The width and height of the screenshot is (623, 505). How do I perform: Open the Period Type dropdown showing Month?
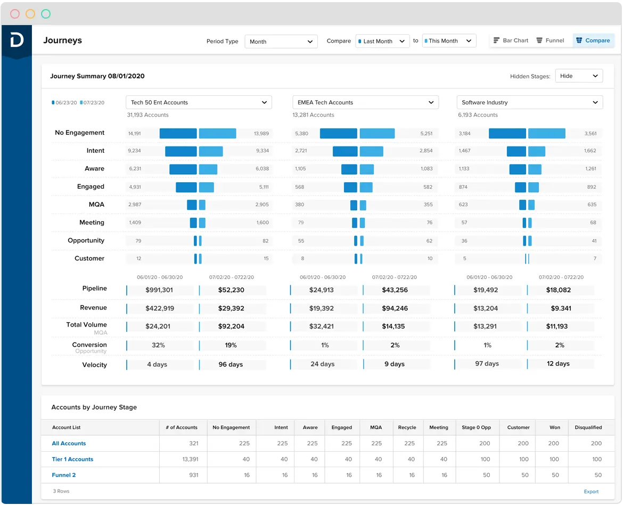(281, 42)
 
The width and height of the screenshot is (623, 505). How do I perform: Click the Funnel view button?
(550, 40)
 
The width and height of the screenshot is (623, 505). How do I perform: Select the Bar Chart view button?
(511, 40)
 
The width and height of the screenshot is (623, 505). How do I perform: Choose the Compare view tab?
(593, 40)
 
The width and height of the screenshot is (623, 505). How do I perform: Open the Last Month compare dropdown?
(382, 41)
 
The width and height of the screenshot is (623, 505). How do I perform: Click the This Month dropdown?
(448, 41)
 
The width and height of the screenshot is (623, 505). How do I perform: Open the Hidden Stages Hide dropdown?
(578, 76)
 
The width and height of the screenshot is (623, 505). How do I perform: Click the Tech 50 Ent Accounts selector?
(199, 102)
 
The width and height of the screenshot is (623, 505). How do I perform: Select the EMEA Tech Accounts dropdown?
(365, 102)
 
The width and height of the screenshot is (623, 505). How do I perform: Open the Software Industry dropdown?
(529, 102)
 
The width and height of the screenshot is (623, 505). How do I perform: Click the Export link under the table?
(591, 492)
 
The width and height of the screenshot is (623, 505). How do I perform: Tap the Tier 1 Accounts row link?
(72, 459)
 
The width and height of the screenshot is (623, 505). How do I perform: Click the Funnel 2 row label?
(64, 475)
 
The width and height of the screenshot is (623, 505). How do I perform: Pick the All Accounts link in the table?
(69, 443)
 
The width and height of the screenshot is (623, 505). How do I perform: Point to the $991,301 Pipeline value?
(159, 290)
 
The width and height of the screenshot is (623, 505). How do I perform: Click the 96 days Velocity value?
(231, 365)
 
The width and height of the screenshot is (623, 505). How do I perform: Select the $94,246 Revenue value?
(395, 308)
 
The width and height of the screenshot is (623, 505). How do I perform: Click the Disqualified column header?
(588, 427)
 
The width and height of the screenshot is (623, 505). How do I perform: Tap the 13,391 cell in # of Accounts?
(190, 459)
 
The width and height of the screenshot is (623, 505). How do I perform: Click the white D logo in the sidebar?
(17, 40)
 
